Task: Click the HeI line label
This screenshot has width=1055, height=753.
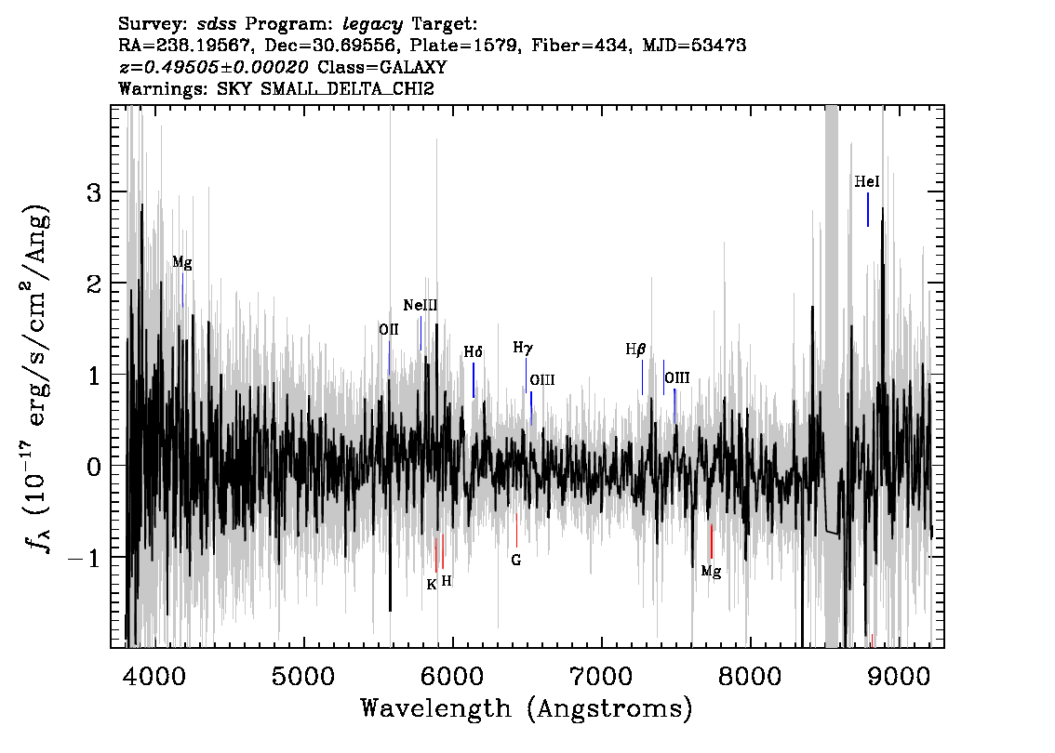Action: (867, 181)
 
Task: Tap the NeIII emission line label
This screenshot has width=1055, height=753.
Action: (421, 305)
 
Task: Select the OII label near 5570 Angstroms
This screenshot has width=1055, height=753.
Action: (388, 329)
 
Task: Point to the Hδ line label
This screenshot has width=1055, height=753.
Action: (473, 352)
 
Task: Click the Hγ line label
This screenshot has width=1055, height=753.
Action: (523, 348)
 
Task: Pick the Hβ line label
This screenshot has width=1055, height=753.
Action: (635, 350)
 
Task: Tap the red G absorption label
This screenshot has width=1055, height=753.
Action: (516, 560)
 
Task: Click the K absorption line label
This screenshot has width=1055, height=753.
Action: (432, 584)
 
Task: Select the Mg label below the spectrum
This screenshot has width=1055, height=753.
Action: (711, 572)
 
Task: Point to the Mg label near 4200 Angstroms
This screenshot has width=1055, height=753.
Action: (182, 262)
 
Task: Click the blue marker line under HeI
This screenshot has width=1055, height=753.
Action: (868, 210)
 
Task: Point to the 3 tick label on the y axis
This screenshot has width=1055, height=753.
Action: (94, 193)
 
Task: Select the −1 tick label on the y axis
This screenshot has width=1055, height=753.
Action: (84, 558)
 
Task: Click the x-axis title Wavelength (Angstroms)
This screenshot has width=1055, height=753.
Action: (527, 708)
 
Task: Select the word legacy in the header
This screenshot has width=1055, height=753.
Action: (373, 25)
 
